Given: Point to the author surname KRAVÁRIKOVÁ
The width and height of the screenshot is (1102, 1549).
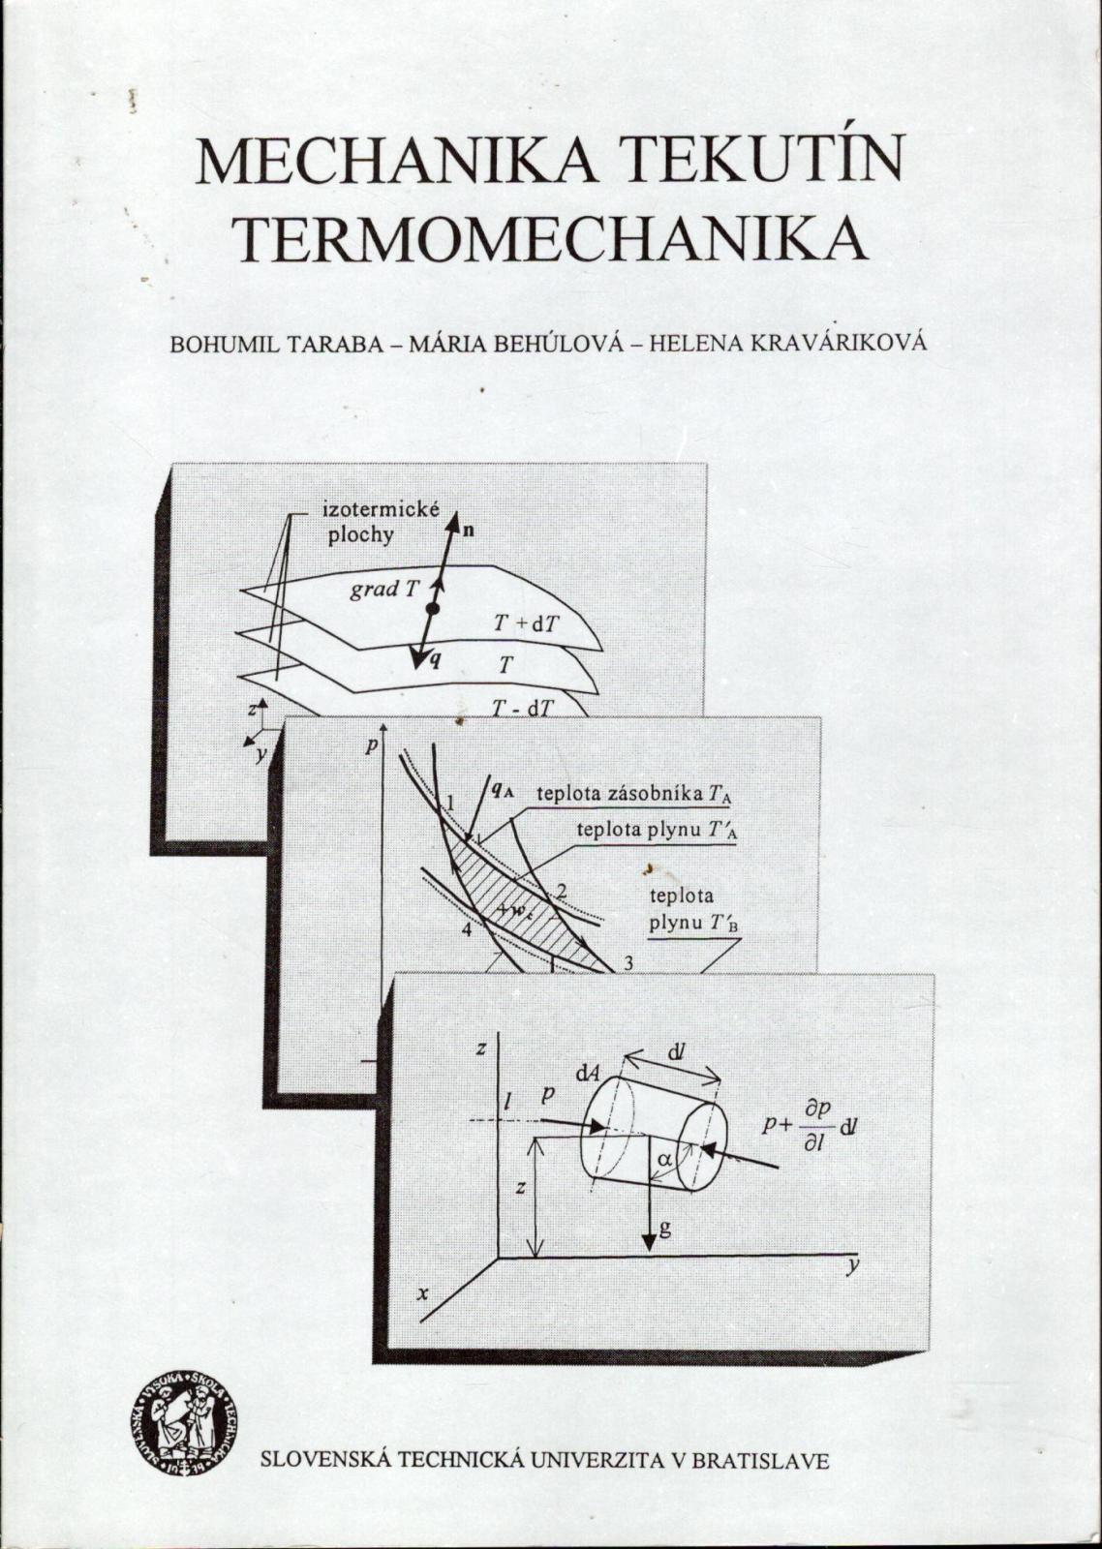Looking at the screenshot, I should pyautogui.click(x=835, y=345).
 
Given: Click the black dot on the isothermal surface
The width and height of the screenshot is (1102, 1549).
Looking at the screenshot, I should pyautogui.click(x=433, y=609).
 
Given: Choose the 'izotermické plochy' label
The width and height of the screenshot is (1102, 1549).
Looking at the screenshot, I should pyautogui.click(x=368, y=523).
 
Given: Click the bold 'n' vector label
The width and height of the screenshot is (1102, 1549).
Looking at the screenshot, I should pyautogui.click(x=469, y=530).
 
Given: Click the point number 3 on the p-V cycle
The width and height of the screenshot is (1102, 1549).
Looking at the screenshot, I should pyautogui.click(x=628, y=961).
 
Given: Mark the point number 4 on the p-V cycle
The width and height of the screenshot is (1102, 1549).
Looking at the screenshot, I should pyautogui.click(x=466, y=930).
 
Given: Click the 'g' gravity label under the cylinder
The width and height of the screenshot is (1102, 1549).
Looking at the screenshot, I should pyautogui.click(x=664, y=1229).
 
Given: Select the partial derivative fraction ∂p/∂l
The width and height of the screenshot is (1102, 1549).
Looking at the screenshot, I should pyautogui.click(x=813, y=1126).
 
